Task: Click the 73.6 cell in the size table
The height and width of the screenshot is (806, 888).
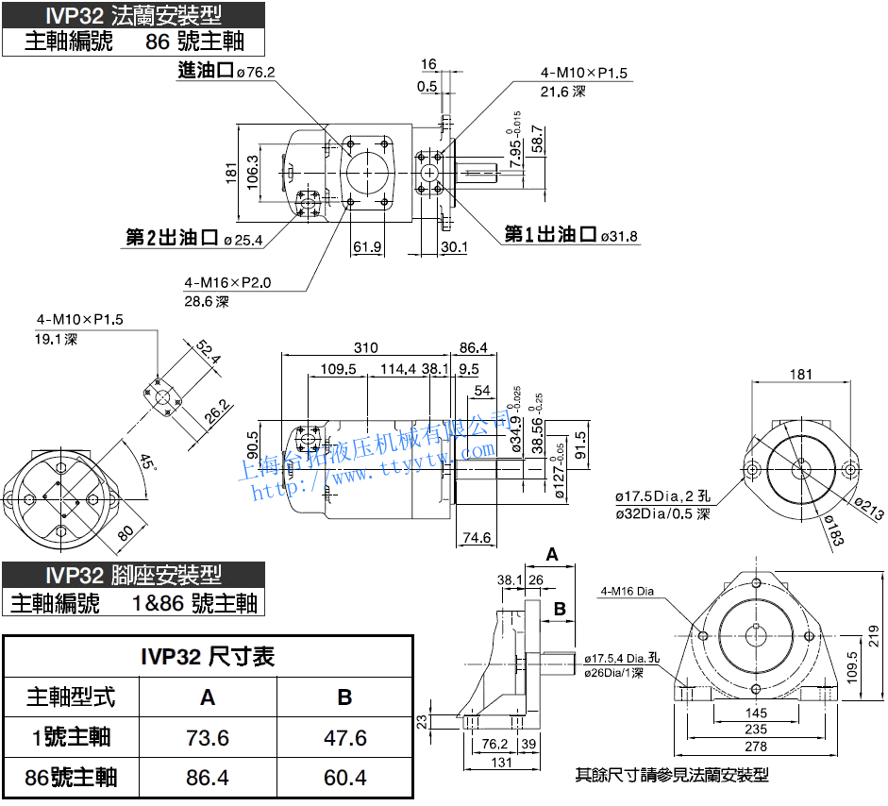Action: (x=208, y=737)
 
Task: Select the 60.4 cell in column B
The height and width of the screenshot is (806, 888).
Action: (x=344, y=778)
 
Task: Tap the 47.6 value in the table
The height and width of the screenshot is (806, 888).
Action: (x=344, y=737)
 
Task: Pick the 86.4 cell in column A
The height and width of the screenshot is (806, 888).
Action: (x=208, y=778)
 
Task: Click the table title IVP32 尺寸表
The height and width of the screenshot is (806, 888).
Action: (x=208, y=656)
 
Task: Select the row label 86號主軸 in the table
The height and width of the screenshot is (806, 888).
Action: (x=72, y=778)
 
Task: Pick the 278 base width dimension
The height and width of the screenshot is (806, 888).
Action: (x=755, y=747)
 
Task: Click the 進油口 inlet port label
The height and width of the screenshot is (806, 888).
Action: (x=205, y=71)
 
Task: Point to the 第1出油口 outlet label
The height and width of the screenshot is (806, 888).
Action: (x=550, y=235)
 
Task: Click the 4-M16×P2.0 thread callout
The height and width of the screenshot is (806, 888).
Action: (x=227, y=282)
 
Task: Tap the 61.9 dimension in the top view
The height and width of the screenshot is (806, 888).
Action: (x=367, y=247)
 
